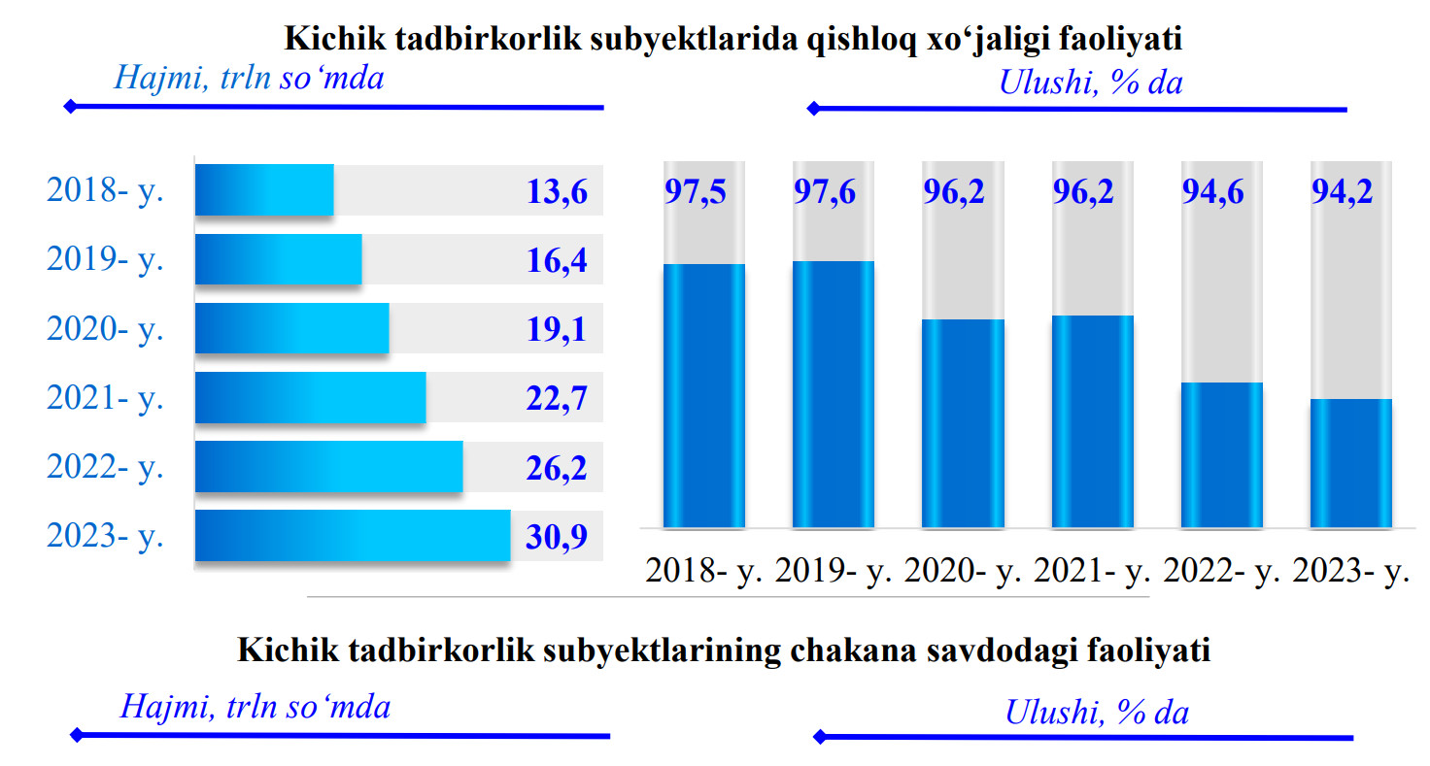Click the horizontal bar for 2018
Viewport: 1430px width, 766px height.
264,190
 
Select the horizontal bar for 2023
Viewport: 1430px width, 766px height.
353,535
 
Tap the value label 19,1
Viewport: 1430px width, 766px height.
557,329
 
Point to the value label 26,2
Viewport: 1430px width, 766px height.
557,468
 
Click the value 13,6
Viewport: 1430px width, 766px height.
557,191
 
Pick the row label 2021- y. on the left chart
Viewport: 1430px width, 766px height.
105,397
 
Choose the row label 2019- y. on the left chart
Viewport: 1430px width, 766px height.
105,259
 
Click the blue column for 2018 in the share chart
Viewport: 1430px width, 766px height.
703,395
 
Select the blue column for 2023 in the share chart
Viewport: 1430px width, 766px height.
1350,463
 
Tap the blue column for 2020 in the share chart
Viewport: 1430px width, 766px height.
963,423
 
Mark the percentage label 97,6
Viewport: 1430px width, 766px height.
824,192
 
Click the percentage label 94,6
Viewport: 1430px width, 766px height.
1211,192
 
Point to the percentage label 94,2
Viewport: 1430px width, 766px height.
1342,192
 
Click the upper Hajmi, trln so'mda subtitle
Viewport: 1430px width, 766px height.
249,77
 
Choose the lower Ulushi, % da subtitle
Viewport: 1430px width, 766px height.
1097,713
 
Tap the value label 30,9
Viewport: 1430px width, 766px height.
557,537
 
